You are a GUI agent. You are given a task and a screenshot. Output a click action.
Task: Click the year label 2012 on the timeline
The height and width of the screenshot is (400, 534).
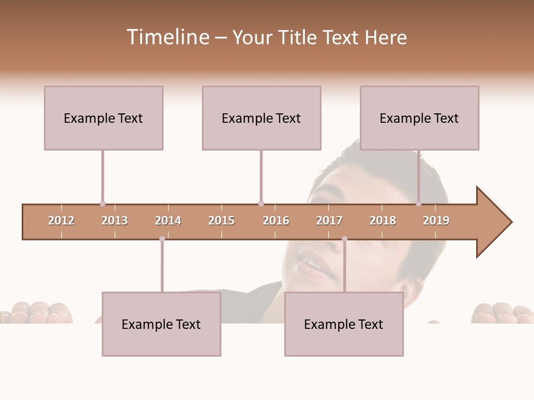pyautogui.click(x=61, y=221)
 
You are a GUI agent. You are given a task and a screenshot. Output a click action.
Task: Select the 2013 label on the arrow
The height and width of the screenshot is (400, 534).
pyautogui.click(x=115, y=221)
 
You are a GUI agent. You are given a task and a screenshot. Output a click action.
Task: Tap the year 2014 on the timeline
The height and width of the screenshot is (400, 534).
pyautogui.click(x=168, y=221)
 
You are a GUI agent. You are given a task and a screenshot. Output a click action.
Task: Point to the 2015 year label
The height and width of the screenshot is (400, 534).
pyautogui.click(x=221, y=221)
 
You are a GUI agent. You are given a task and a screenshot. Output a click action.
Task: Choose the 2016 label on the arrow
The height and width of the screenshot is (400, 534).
pyautogui.click(x=276, y=221)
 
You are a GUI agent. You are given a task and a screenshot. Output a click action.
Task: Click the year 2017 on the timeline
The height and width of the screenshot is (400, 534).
pyautogui.click(x=329, y=221)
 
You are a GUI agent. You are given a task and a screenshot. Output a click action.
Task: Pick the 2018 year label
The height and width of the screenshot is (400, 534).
pyautogui.click(x=383, y=221)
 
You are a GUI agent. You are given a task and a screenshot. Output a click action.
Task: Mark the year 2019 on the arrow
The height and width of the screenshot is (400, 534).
pyautogui.click(x=436, y=221)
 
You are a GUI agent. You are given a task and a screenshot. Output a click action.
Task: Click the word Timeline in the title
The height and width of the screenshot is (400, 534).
pyautogui.click(x=167, y=37)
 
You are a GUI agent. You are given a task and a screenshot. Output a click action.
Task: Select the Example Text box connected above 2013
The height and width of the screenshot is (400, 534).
pyautogui.click(x=103, y=118)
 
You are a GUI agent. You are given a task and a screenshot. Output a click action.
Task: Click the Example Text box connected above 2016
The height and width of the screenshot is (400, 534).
pyautogui.click(x=261, y=118)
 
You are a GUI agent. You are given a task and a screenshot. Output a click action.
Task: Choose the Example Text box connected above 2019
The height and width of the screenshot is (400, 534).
pyautogui.click(x=419, y=118)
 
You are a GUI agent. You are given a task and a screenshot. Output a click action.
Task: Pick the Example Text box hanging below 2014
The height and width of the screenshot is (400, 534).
pyautogui.click(x=161, y=324)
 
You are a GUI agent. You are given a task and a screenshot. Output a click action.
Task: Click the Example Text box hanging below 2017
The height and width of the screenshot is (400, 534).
pyautogui.click(x=344, y=324)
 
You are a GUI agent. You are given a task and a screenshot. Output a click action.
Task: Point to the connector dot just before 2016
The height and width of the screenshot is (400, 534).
pyautogui.click(x=261, y=203)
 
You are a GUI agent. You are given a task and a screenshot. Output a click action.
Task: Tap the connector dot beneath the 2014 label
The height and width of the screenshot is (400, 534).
pyautogui.click(x=162, y=239)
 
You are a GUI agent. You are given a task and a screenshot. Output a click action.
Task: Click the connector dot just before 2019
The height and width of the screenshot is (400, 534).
pyautogui.click(x=418, y=203)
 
